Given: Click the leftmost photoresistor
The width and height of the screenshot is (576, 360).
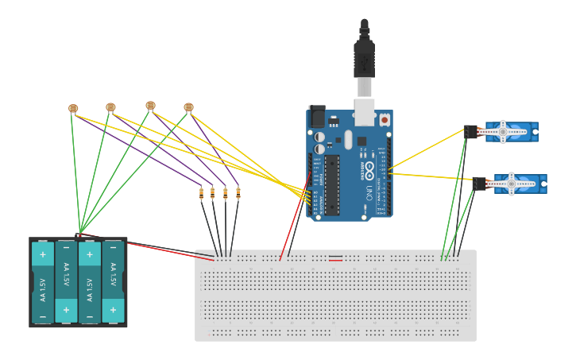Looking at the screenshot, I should coord(73,108).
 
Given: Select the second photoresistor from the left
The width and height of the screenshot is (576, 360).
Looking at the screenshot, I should coord(110,106).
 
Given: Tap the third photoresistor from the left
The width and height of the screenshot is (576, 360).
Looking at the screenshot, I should coord(150,105).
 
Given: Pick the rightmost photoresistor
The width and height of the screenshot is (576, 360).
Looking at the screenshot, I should coord(188,106).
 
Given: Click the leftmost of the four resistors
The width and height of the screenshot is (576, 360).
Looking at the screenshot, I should coord(201,192).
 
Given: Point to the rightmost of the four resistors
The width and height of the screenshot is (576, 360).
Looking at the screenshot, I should coord(238,192).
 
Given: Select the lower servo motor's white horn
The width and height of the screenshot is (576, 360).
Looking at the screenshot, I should coord(512,184).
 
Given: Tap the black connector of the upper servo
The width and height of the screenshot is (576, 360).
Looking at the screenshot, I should coord(471,131).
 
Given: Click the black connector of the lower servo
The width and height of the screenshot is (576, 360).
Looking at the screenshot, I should coord(479,184).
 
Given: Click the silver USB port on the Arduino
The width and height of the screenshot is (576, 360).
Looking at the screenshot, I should coord(364,112).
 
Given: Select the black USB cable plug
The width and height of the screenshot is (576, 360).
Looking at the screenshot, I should coord(364,60).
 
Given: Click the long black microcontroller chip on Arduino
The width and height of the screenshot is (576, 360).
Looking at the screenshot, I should coord(332,184).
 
